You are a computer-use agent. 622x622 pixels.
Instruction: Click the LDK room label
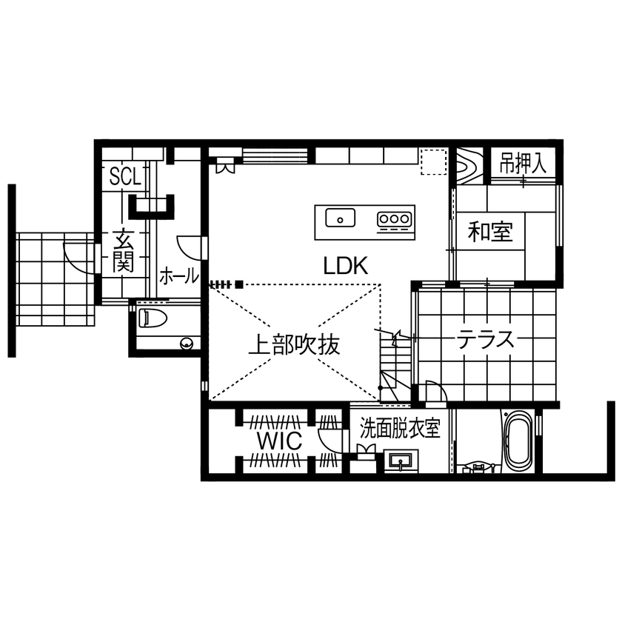(x=346, y=267)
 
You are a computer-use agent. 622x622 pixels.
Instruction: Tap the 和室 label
(x=489, y=233)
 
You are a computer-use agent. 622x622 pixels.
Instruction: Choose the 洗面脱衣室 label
(x=400, y=428)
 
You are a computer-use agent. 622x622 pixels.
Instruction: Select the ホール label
(x=179, y=276)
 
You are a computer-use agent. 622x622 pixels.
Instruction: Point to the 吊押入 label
(x=522, y=164)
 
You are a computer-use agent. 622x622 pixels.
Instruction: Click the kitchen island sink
(x=340, y=218)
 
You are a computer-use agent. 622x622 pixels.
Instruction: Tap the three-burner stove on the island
(x=393, y=219)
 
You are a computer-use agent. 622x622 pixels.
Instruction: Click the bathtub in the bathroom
(x=518, y=441)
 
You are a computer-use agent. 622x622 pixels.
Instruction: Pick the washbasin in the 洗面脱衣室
(x=401, y=462)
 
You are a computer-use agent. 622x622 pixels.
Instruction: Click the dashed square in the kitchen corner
(x=433, y=162)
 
